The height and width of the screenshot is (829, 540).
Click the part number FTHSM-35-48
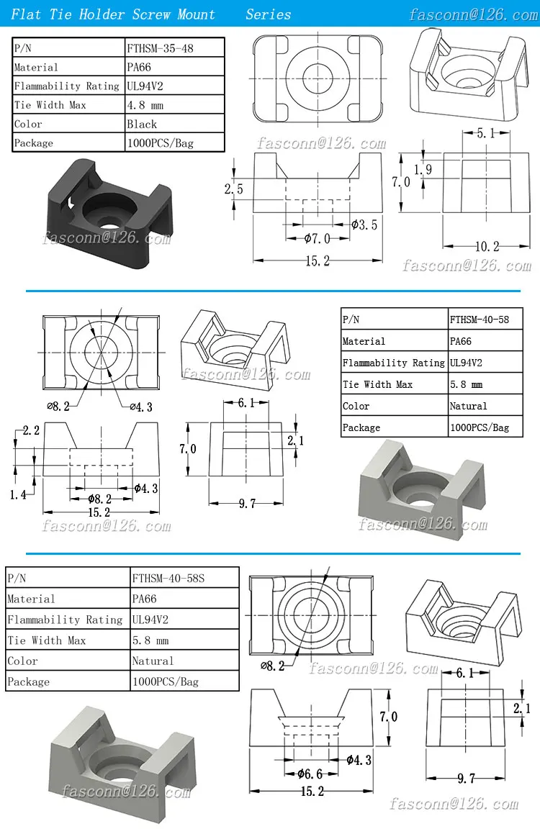(x=161, y=49)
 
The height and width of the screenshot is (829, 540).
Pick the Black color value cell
(x=142, y=124)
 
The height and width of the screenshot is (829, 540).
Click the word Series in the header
(x=268, y=14)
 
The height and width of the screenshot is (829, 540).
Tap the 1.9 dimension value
(x=423, y=169)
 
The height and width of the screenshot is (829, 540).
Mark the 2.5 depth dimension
(x=233, y=189)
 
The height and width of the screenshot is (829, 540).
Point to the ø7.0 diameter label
(x=316, y=238)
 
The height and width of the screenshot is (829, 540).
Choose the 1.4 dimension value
(x=19, y=495)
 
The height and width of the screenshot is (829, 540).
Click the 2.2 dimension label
(x=30, y=430)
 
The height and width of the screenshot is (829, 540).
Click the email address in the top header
(x=473, y=14)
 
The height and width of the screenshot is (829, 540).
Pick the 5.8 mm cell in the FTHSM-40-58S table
(x=150, y=640)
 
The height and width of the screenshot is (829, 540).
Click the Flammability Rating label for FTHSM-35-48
(x=67, y=86)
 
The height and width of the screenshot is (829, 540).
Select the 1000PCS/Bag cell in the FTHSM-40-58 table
(x=479, y=427)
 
